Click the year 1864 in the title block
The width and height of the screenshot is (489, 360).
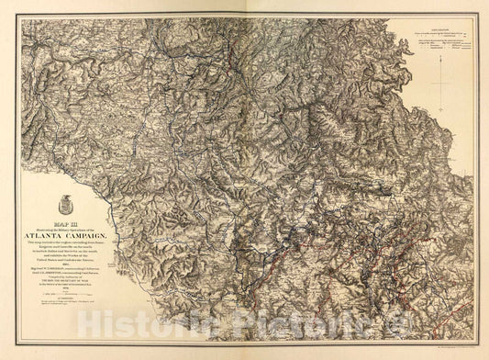point(73,264)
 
